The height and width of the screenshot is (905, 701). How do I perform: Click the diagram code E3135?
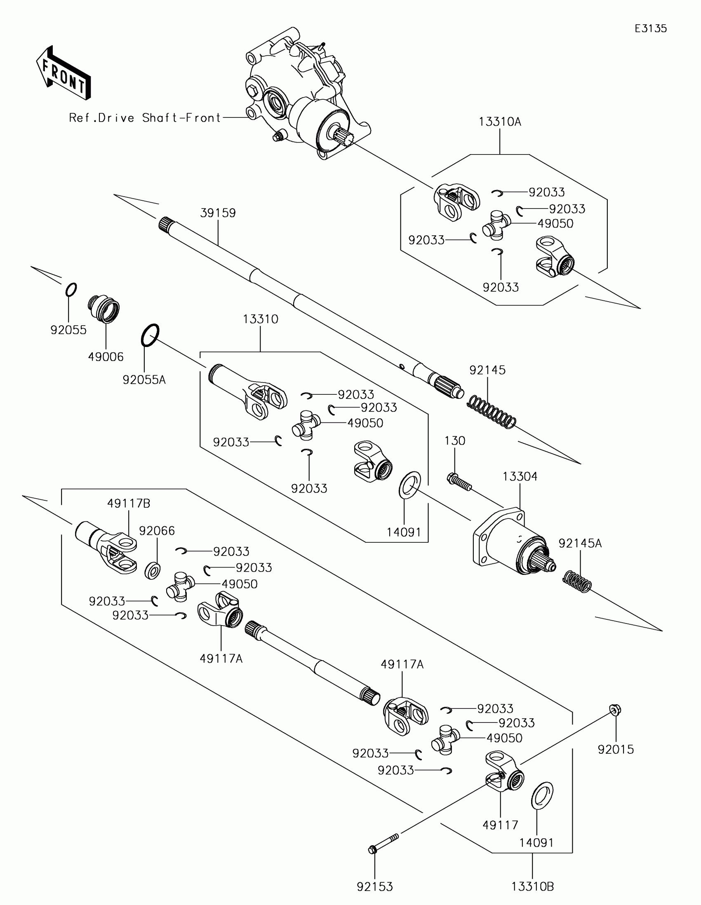tap(650, 28)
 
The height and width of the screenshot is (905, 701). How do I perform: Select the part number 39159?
tap(218, 213)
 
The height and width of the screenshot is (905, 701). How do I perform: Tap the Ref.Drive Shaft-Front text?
tap(145, 118)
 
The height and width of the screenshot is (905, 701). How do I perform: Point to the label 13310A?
tap(499, 122)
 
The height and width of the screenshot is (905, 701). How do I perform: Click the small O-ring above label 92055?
tap(71, 290)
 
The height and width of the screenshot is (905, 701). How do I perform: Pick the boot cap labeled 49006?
tap(104, 309)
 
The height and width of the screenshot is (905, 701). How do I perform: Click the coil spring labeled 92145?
tap(492, 411)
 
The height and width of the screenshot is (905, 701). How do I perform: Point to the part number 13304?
tap(520, 476)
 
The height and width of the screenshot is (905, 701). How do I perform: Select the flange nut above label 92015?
tap(615, 710)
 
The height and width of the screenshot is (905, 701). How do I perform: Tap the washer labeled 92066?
tap(153, 571)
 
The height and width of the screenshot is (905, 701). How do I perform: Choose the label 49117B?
tap(129, 504)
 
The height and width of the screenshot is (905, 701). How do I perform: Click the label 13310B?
tap(532, 887)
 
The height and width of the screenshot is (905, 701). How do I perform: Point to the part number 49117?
tap(500, 825)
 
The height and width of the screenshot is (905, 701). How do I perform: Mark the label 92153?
tap(375, 887)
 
